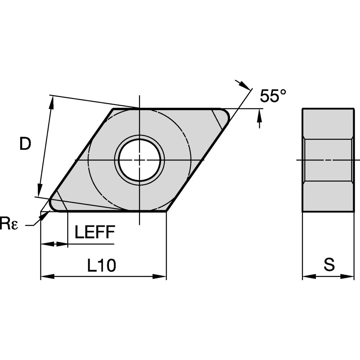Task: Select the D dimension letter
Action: coord(25,144)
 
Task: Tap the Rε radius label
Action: coord(8,224)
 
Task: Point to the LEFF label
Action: coord(95,232)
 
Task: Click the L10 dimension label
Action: coord(102,266)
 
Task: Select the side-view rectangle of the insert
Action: coord(328,160)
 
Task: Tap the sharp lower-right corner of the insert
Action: coord(166,211)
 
